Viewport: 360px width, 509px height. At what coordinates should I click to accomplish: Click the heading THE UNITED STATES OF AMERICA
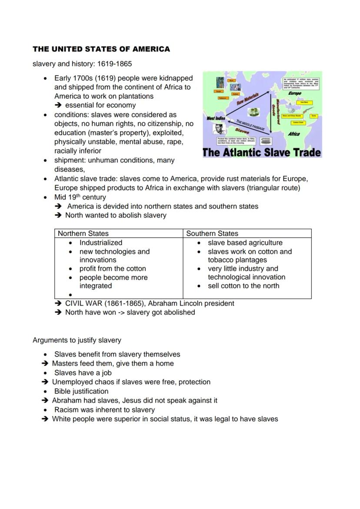click(101, 49)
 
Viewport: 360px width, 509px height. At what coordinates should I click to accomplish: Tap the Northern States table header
click(83, 233)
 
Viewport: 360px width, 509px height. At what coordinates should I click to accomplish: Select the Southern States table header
click(212, 233)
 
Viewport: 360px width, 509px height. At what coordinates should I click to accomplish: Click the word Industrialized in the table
click(101, 243)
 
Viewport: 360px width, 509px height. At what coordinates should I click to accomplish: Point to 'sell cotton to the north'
click(243, 286)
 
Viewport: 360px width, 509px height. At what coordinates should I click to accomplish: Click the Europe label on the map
click(294, 93)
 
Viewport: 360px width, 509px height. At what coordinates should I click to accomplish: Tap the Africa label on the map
click(294, 134)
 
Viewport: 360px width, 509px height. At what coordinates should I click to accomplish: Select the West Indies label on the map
click(216, 118)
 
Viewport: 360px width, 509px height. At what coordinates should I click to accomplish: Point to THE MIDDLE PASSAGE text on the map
click(250, 123)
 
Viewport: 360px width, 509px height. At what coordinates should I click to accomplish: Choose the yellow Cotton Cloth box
click(298, 123)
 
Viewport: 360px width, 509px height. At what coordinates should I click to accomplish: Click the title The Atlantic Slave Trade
click(262, 153)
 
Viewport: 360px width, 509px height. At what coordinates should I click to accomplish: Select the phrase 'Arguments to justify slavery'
click(77, 340)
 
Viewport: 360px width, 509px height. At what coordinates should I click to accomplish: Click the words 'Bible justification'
click(81, 391)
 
